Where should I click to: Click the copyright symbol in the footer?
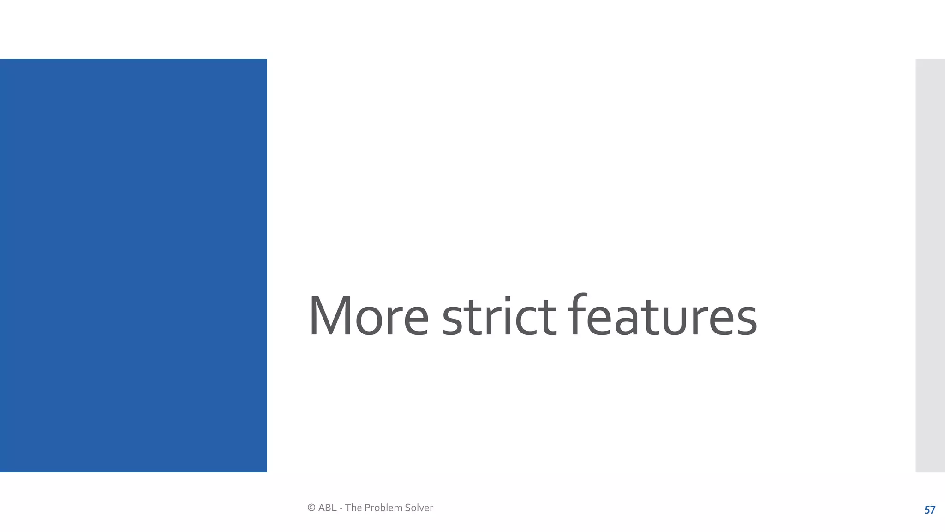point(311,508)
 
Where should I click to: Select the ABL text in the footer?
point(327,508)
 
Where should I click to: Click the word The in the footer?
point(353,508)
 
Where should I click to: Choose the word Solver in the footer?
point(419,508)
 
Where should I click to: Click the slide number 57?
point(930,510)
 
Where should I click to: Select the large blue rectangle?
point(133,265)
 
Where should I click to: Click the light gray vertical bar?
point(930,265)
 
